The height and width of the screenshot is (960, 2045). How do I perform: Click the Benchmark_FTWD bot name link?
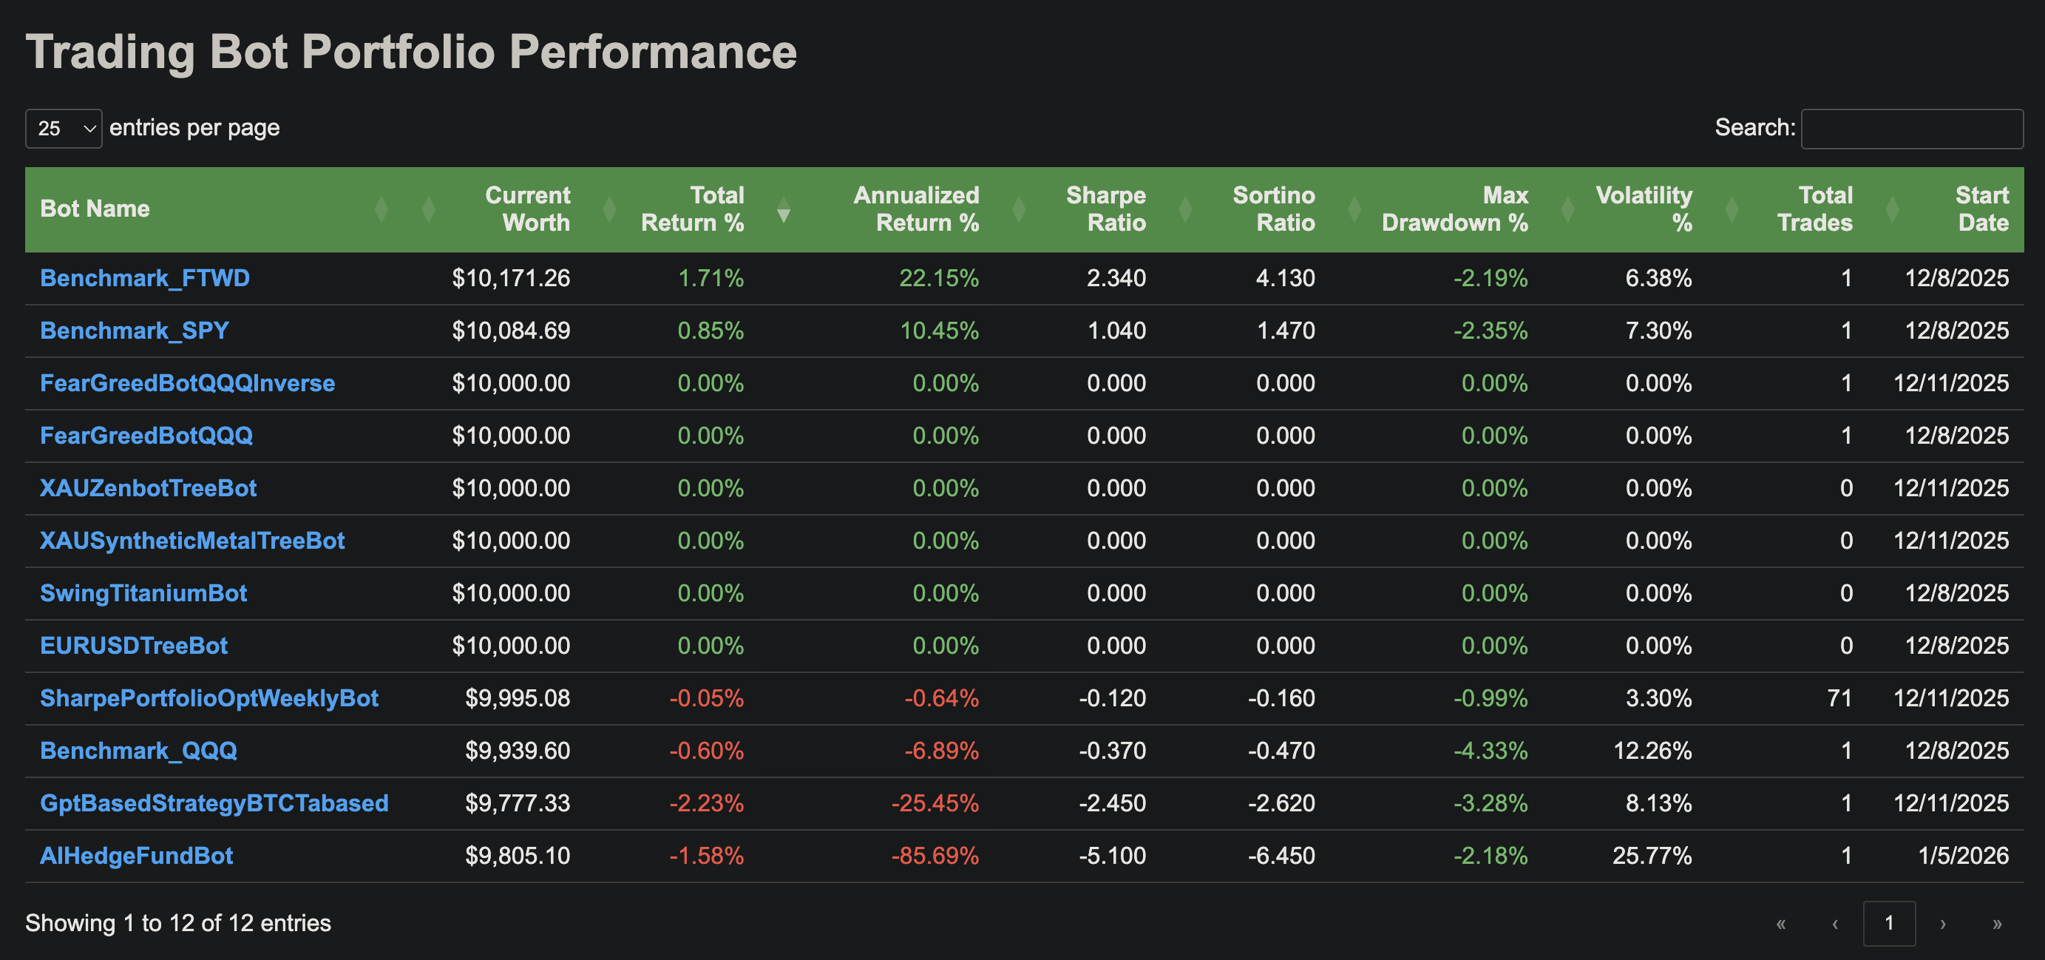(144, 278)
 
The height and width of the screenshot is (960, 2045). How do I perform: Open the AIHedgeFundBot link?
(137, 855)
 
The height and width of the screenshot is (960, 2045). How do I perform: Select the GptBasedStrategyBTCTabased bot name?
(214, 802)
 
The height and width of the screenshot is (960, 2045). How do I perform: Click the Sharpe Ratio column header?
(1105, 209)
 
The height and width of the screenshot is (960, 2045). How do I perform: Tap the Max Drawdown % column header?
(1454, 209)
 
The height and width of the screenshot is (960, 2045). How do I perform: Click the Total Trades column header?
(1814, 209)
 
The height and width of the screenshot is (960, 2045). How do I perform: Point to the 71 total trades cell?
(1839, 698)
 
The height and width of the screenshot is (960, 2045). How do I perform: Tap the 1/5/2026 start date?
(1962, 855)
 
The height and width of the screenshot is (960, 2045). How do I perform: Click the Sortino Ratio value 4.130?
(1284, 278)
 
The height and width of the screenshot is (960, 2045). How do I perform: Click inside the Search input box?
(1911, 129)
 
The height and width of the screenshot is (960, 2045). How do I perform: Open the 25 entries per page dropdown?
(64, 129)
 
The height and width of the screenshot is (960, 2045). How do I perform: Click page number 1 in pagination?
(1888, 923)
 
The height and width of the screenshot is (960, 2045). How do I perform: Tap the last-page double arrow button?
(1997, 923)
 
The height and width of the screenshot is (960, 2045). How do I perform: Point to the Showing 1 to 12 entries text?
(178, 923)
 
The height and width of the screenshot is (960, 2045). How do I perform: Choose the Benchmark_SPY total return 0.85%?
(710, 331)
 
